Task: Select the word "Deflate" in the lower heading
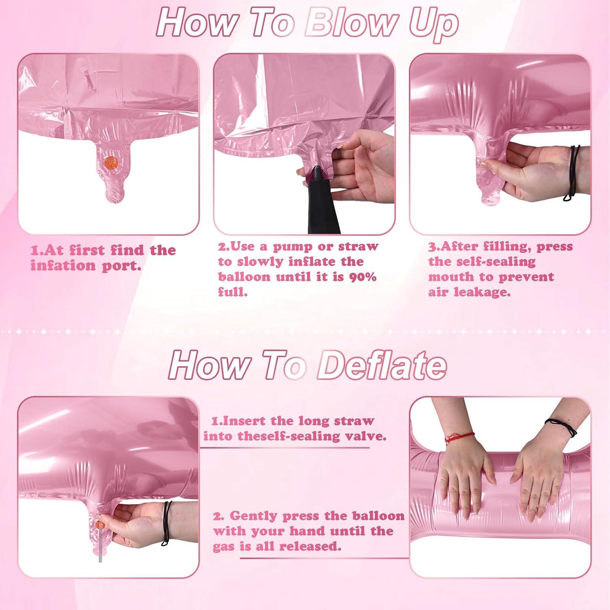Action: coord(382,365)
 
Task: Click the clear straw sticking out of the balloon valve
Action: coord(100,545)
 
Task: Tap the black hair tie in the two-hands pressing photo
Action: coord(561,427)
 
